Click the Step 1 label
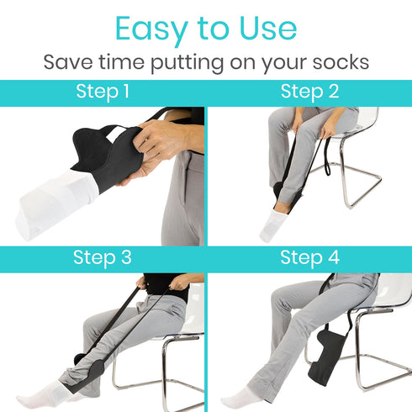click(103, 92)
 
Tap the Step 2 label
click(309, 92)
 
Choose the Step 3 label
click(103, 257)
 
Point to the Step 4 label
click(309, 257)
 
